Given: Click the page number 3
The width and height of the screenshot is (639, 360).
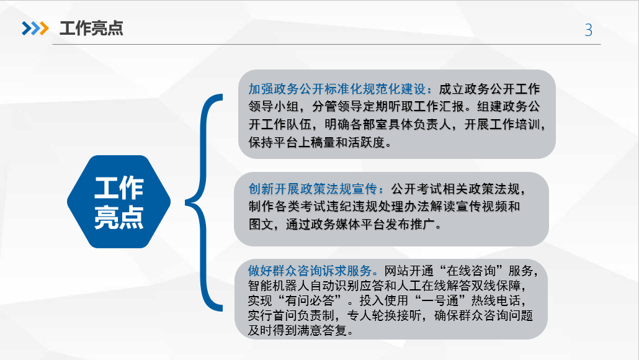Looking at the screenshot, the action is pos(589,30).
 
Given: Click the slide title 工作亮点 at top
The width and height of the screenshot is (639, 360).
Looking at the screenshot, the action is pos(91,28).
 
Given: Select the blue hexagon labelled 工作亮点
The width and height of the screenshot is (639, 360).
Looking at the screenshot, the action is pos(118,202).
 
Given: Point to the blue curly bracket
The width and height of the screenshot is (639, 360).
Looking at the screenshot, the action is pos(202,202).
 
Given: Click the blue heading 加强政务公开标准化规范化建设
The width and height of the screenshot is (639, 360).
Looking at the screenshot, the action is pos(337,89).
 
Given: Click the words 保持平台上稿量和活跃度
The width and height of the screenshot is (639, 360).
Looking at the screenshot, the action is pos(316,142).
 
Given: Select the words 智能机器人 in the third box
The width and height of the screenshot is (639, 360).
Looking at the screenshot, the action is pos(279,286).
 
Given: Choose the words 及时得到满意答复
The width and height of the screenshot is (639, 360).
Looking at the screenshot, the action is pos(298,330).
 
